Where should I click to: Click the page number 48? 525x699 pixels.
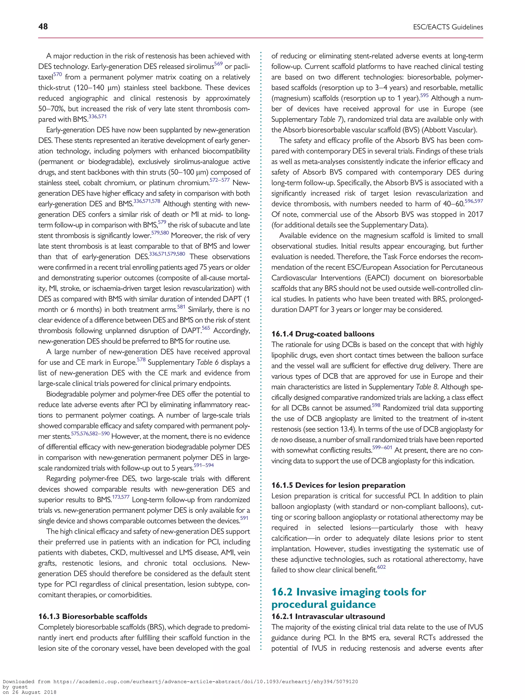[43, 27]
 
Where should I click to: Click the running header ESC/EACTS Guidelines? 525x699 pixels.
[448, 27]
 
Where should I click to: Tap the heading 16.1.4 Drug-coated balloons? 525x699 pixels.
[322, 334]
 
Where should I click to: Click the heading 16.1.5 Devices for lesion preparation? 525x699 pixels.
[338, 485]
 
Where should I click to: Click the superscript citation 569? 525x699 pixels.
[218, 64]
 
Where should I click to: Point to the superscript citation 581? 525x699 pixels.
[181, 307]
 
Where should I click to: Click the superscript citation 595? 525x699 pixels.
[424, 95]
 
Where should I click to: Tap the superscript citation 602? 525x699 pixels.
[381, 567]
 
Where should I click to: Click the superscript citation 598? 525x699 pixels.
[376, 405]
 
